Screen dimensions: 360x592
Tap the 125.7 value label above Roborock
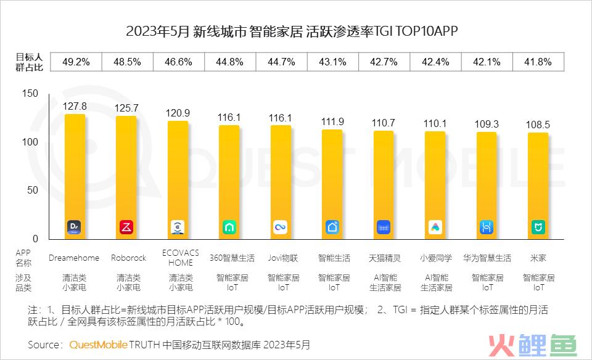click(x=126, y=108)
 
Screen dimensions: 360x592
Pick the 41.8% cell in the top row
click(x=537, y=62)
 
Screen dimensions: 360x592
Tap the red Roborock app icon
click(x=126, y=227)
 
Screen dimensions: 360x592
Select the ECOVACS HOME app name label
click(x=178, y=258)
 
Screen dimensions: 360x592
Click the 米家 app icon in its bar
click(x=538, y=227)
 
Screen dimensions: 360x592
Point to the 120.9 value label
click(x=178, y=113)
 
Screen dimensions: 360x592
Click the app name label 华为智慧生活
click(x=487, y=258)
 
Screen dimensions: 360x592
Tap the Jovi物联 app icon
click(x=281, y=227)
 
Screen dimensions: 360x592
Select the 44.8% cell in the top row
click(x=230, y=62)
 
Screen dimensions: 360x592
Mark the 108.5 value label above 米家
click(x=538, y=125)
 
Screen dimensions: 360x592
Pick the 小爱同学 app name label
click(x=436, y=258)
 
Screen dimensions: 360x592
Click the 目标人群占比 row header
click(x=30, y=62)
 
